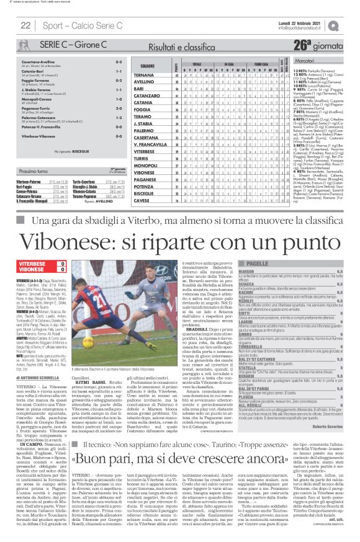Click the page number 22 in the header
(x=26, y=25)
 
